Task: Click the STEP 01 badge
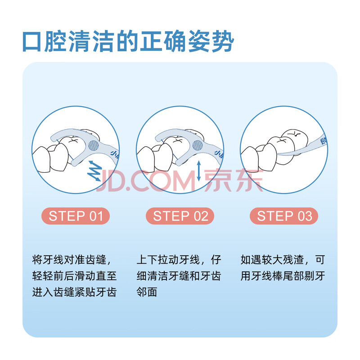[x=76, y=216]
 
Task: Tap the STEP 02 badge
[x=180, y=216]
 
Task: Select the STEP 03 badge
[x=284, y=216]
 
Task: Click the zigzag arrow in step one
[x=94, y=171]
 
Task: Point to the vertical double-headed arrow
[x=199, y=171]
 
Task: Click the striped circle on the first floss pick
[x=94, y=145]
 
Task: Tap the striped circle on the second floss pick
[x=198, y=145]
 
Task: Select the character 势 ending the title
[x=223, y=41]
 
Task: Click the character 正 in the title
[x=152, y=41]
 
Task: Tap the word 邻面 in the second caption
[x=147, y=292]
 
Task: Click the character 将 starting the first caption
[x=37, y=260]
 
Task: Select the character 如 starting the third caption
[x=246, y=260]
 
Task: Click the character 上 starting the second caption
[x=142, y=260]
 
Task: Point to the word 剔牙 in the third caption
[x=315, y=276]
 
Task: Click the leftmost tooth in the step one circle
[x=41, y=159]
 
